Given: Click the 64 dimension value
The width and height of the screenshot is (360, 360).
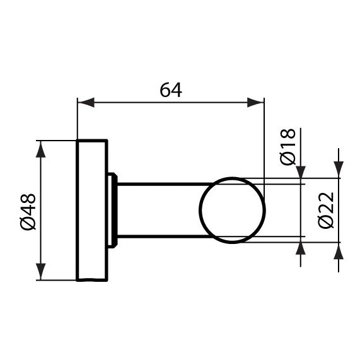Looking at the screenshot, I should click(x=170, y=90).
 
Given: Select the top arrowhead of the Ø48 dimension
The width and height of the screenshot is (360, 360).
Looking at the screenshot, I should click(x=42, y=148).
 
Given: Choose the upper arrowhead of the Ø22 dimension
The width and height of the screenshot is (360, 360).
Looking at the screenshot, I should click(x=339, y=168).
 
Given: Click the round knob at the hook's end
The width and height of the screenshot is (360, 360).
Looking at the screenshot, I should click(x=231, y=211).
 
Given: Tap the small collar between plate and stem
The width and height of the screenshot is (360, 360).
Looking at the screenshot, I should click(x=113, y=210).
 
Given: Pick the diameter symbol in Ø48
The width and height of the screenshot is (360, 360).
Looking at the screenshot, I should click(x=30, y=223).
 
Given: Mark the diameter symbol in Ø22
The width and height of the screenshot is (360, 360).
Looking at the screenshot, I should click(x=325, y=224).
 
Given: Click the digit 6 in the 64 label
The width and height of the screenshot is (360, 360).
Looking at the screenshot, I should click(x=165, y=90).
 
